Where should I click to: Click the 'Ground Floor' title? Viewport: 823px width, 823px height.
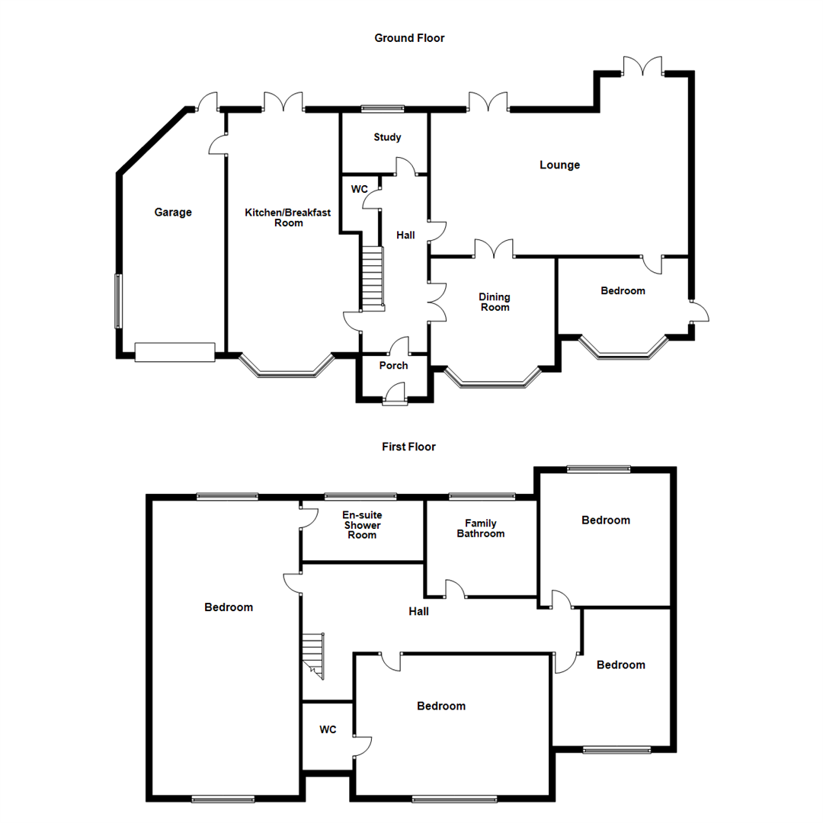[x=409, y=38]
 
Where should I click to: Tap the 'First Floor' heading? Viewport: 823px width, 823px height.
[x=408, y=447]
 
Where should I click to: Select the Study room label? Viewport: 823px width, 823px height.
[x=387, y=138]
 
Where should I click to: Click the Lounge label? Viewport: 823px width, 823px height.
[x=559, y=165]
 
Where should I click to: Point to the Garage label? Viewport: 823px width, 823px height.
[x=173, y=213]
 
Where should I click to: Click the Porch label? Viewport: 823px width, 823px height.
[x=393, y=366]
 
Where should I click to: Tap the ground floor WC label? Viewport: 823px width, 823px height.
[x=359, y=188]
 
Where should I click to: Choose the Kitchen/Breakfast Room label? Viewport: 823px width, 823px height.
[x=287, y=218]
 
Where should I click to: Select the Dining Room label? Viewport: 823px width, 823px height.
[x=494, y=302]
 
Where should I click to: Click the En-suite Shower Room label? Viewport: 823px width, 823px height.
[x=362, y=525]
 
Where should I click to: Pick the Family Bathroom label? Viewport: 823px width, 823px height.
[x=480, y=529]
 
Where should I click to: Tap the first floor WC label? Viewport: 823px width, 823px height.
[x=328, y=730]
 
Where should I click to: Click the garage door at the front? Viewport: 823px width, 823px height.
[x=175, y=352]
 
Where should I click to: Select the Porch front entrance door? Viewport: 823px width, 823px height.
[x=395, y=397]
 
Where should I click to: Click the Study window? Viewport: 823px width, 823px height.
[x=383, y=109]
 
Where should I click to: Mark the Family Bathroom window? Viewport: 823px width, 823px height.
[x=482, y=497]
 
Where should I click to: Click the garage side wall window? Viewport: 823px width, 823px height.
[x=118, y=301]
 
